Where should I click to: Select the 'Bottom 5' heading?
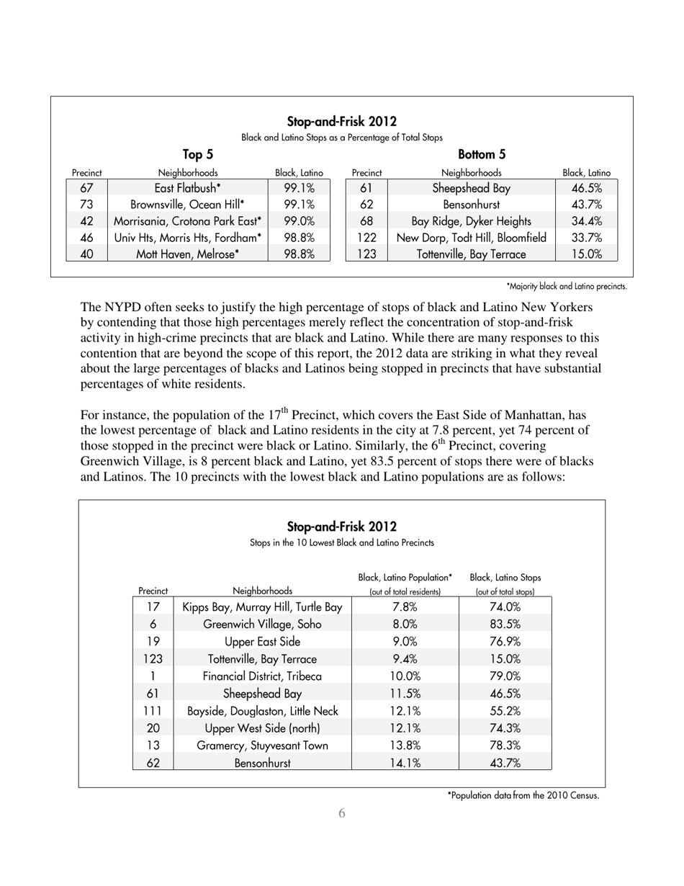[482, 153]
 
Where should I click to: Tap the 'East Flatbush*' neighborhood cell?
[187, 188]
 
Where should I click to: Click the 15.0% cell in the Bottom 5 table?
[586, 254]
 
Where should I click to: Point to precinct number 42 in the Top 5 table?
[86, 220]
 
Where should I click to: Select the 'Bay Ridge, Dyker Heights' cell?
[471, 220]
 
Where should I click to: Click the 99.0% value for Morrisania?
[299, 220]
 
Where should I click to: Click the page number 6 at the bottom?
[341, 813]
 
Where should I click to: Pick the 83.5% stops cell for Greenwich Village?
[505, 624]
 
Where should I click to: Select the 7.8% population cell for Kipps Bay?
[405, 607]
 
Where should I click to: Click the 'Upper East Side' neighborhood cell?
[262, 641]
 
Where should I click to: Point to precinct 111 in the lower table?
[153, 710]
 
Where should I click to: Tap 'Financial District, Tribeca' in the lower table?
[262, 676]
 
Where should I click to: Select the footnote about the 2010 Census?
[523, 796]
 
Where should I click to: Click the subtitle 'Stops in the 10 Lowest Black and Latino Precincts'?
[341, 542]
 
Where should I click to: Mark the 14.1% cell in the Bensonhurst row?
[405, 763]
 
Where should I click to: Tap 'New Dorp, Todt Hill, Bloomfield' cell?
[471, 237]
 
